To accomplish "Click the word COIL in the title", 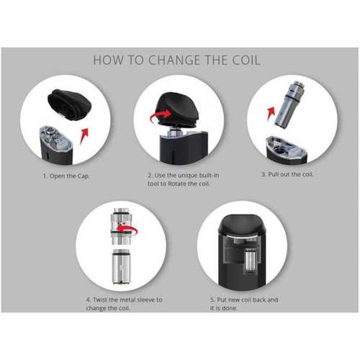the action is point(246,60).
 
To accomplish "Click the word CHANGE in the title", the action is point(174,60).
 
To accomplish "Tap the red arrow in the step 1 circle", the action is point(84,135).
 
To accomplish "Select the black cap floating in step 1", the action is point(69,104).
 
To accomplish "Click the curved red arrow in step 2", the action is point(161,115).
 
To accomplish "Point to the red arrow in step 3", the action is point(271,114).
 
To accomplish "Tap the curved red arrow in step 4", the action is point(127,228).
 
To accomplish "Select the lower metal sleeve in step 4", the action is point(122,267).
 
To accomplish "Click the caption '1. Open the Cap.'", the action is point(66,176).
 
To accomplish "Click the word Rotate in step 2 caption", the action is point(176,184).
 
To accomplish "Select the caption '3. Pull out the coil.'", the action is point(287,174).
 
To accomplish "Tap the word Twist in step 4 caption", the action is point(100,300).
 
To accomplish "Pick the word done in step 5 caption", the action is point(230,308).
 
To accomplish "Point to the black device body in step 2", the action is point(184,148).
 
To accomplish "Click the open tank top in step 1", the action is point(55,136).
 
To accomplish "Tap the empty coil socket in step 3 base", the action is point(279,150).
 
